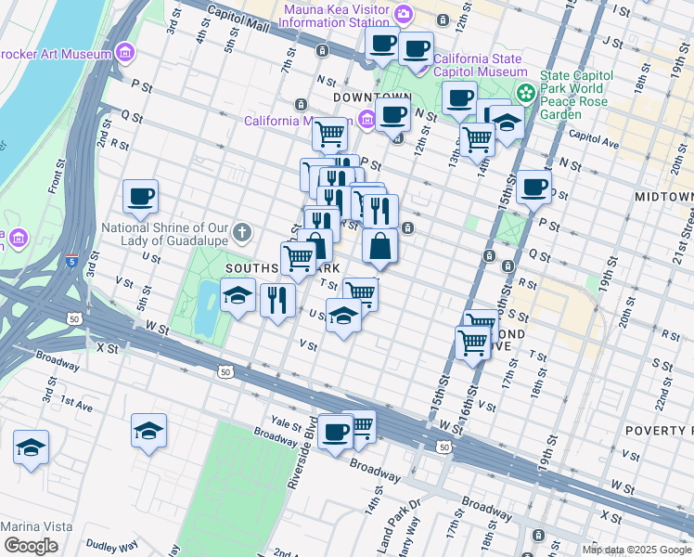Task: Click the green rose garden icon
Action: pyautogui.click(x=527, y=93)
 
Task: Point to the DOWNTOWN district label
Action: pyautogui.click(x=372, y=97)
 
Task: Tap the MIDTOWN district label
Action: pyautogui.click(x=663, y=198)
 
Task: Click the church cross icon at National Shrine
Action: pyautogui.click(x=242, y=229)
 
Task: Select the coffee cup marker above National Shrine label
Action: pyautogui.click(x=140, y=196)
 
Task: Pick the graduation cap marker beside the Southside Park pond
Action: pyautogui.click(x=238, y=295)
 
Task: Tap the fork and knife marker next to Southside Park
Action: pyautogui.click(x=277, y=299)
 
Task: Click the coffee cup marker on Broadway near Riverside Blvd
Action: pyautogui.click(x=335, y=430)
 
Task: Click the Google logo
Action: pyautogui.click(x=31, y=545)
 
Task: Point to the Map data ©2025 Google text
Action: pyautogui.click(x=636, y=550)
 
